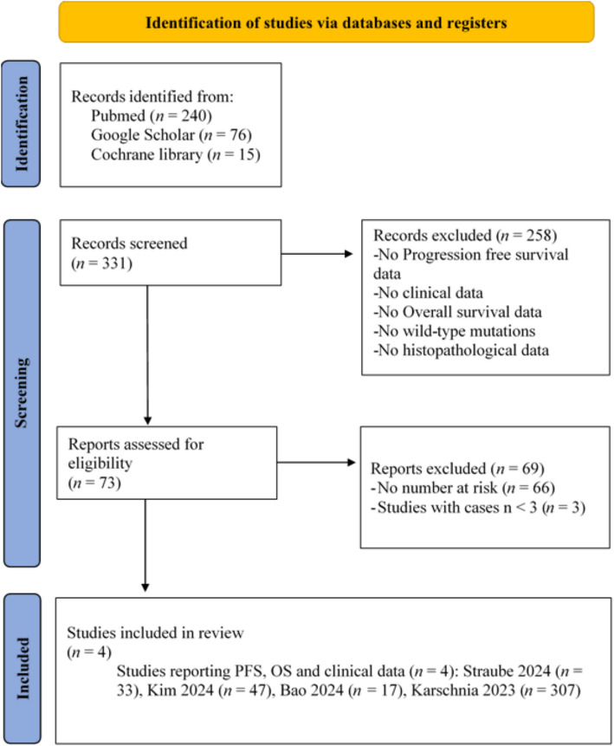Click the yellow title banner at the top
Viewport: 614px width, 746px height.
(326, 22)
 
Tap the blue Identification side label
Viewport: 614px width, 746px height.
(21, 124)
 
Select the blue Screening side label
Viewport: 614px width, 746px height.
(22, 393)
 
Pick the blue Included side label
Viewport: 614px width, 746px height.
(22, 668)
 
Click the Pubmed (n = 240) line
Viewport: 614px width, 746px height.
(152, 115)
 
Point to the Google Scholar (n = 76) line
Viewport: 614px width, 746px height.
(171, 135)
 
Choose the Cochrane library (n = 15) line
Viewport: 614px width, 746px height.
(176, 154)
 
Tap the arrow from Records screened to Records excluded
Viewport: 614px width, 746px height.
(317, 254)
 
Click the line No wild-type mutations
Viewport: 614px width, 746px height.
(454, 331)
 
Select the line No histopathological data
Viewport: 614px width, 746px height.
(461, 351)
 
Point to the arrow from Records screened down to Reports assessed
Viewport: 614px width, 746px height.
(147, 355)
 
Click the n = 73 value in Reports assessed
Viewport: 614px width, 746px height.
(94, 483)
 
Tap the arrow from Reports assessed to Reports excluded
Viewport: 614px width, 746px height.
(316, 462)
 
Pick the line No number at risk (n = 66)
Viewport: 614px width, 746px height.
(462, 488)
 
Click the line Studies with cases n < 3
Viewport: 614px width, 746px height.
(478, 508)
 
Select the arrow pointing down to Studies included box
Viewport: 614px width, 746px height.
(145, 545)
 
